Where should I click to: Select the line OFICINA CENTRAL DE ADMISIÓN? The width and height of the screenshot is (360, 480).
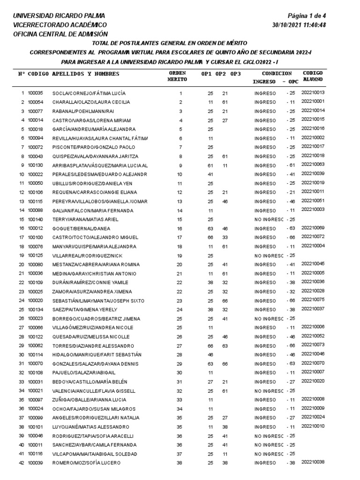[x=60, y=34]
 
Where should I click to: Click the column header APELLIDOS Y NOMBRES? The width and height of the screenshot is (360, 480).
[x=85, y=74]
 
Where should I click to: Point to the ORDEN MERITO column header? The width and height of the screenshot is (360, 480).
[x=177, y=76]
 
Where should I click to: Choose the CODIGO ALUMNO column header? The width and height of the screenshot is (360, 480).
[x=312, y=76]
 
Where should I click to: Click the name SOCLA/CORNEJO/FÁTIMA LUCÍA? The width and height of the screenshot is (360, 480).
[x=89, y=93]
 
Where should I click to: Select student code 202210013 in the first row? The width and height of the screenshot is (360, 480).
[x=313, y=92]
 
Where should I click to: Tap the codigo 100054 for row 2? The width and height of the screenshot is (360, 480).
[x=36, y=102]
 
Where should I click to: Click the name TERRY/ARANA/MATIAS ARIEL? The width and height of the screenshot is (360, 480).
[x=86, y=219]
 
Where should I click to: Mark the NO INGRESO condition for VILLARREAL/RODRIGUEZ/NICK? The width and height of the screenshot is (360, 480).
[x=269, y=255]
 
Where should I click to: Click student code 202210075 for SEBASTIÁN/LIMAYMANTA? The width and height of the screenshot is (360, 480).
[x=313, y=299]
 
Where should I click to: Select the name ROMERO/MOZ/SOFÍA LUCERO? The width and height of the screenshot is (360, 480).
[x=87, y=463]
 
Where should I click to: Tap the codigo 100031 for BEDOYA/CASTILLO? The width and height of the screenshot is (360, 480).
[x=36, y=382]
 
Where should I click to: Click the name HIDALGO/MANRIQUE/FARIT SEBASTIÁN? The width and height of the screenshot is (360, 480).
[x=97, y=355]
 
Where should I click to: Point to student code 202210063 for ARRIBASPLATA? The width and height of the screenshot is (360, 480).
[x=313, y=164]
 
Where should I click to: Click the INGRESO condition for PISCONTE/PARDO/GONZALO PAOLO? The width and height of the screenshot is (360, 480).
[x=265, y=147]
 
